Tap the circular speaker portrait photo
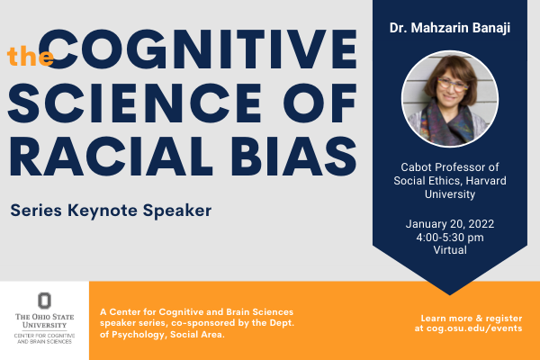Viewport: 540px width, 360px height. pyautogui.click(x=449, y=98)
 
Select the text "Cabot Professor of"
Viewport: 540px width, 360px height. pyautogui.click(x=449, y=167)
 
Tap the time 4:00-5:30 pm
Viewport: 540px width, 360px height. pyautogui.click(x=449, y=238)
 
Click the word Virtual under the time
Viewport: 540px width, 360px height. pyautogui.click(x=449, y=250)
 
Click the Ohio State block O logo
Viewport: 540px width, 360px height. pyautogui.click(x=44, y=300)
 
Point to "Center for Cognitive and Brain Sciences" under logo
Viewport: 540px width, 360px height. pyautogui.click(x=44, y=338)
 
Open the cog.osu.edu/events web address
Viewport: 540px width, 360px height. pyautogui.click(x=468, y=329)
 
